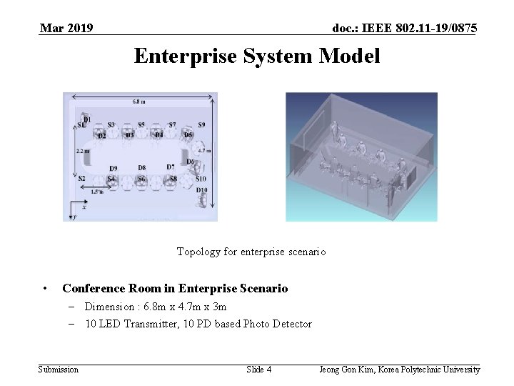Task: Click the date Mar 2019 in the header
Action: [x=66, y=29]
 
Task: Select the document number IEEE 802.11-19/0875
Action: [x=405, y=29]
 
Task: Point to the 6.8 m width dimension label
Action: [x=138, y=102]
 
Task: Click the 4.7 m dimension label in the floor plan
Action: [x=203, y=151]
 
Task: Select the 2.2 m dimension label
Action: [x=83, y=151]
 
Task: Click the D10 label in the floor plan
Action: [x=202, y=190]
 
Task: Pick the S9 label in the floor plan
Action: [x=201, y=125]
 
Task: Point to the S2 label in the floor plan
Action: [x=81, y=179]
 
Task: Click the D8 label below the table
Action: [x=141, y=167]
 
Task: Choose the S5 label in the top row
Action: [x=141, y=125]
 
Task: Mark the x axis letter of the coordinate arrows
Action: [x=84, y=207]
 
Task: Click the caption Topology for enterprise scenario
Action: [x=251, y=252]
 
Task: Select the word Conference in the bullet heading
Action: [x=94, y=289]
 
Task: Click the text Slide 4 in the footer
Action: [x=258, y=370]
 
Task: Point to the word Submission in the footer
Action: [x=59, y=370]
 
